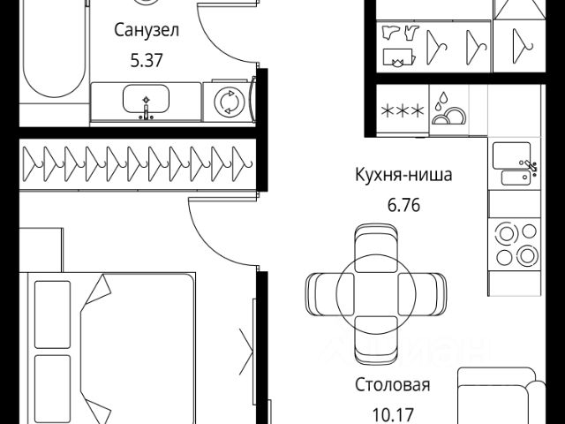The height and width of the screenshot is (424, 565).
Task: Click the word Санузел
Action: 147,32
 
